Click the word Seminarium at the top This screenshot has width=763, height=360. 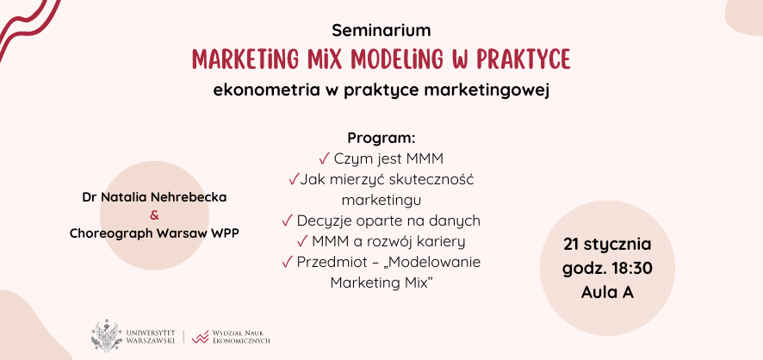(x=381, y=30)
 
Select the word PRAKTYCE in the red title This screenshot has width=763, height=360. (x=518, y=59)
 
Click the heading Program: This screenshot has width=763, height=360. (x=381, y=138)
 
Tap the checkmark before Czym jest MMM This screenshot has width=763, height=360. (x=324, y=158)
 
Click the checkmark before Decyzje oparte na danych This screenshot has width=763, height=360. (x=287, y=221)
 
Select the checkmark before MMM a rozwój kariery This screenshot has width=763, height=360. (x=301, y=242)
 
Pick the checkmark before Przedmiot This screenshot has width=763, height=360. (x=287, y=263)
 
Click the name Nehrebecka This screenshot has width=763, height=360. (x=185, y=197)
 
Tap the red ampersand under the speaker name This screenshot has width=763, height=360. (x=154, y=215)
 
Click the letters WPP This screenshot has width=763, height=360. (x=222, y=233)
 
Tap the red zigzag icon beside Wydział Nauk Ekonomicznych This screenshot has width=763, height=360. (x=201, y=335)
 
